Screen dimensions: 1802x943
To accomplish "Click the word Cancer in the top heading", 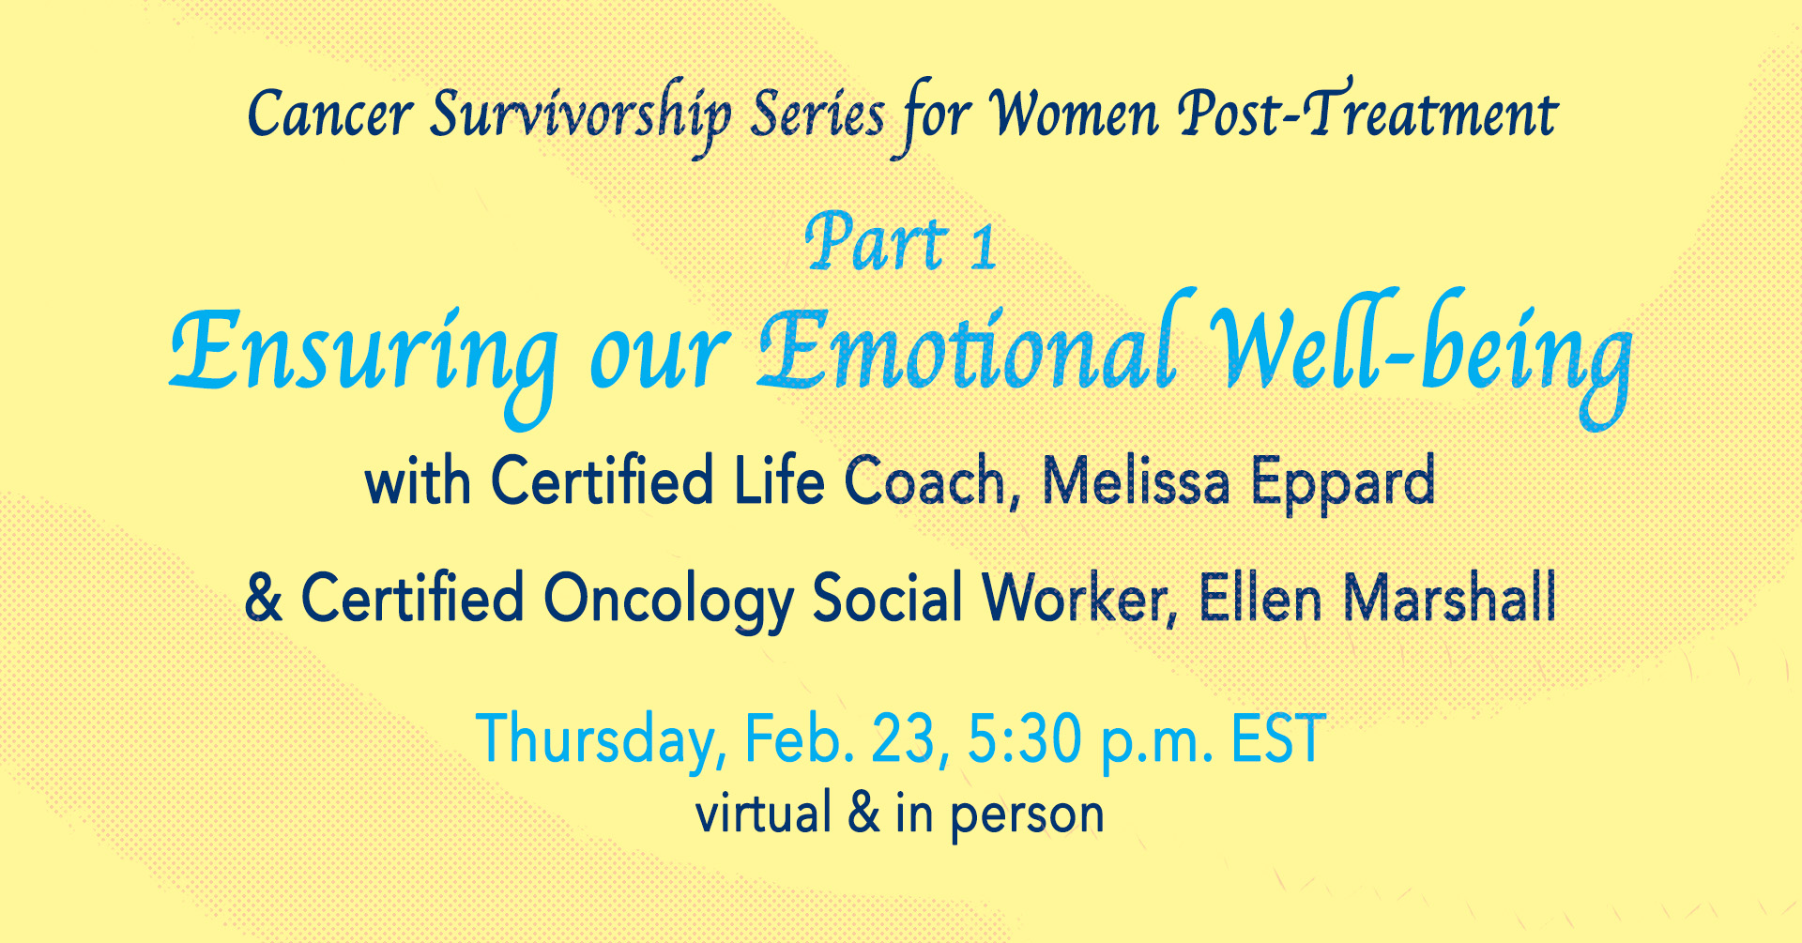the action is pyautogui.click(x=329, y=115).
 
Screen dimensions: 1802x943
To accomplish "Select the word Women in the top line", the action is pyautogui.click(x=1076, y=114).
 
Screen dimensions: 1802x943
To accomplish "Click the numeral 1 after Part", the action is pyautogui.click(x=983, y=248).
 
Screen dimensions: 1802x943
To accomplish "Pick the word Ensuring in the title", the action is pyautogui.click(x=364, y=362).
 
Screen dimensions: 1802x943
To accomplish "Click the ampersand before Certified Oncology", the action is pyautogui.click(x=264, y=598).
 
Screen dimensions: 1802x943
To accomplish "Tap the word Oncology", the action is pyautogui.click(x=668, y=601).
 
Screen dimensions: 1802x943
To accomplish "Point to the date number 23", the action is pyautogui.click(x=904, y=738).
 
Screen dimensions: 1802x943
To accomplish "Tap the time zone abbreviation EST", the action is pyautogui.click(x=1277, y=738).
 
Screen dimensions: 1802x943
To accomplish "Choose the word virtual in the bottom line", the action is pyautogui.click(x=763, y=813).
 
